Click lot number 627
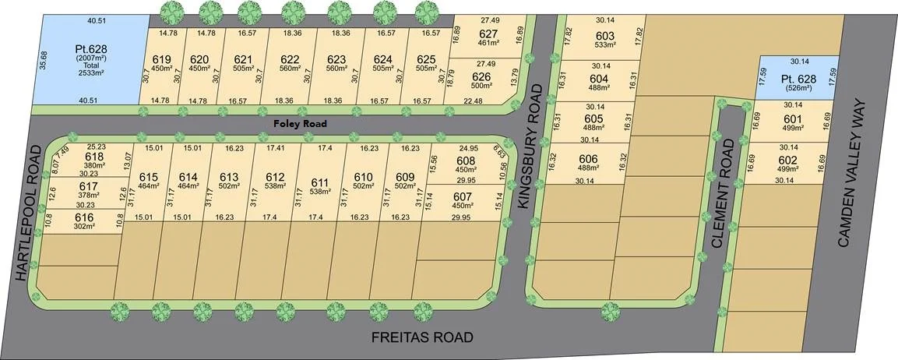point(488,34)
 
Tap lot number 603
point(605,36)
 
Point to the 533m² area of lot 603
point(605,45)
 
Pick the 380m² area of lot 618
point(93,164)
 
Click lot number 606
point(588,158)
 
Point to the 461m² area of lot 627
point(488,44)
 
